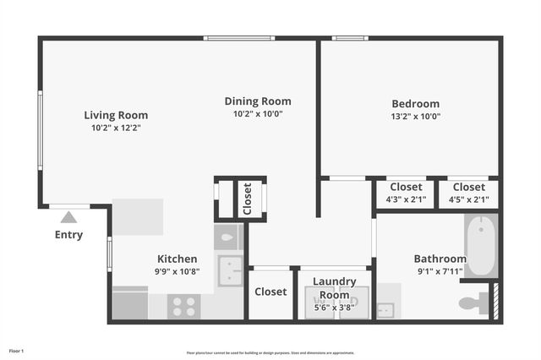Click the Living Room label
(116, 115)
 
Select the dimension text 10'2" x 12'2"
(116, 128)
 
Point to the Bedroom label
(415, 104)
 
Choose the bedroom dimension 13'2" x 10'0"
(415, 117)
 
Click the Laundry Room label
(334, 281)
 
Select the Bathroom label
(440, 259)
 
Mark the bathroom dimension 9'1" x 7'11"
(439, 271)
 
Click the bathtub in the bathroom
(481, 245)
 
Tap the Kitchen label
(178, 259)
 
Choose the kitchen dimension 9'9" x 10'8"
(178, 271)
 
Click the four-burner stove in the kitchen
(183, 305)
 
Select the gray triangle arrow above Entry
(68, 217)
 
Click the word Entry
(68, 235)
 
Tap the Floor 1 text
(16, 350)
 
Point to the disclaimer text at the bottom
(270, 353)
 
